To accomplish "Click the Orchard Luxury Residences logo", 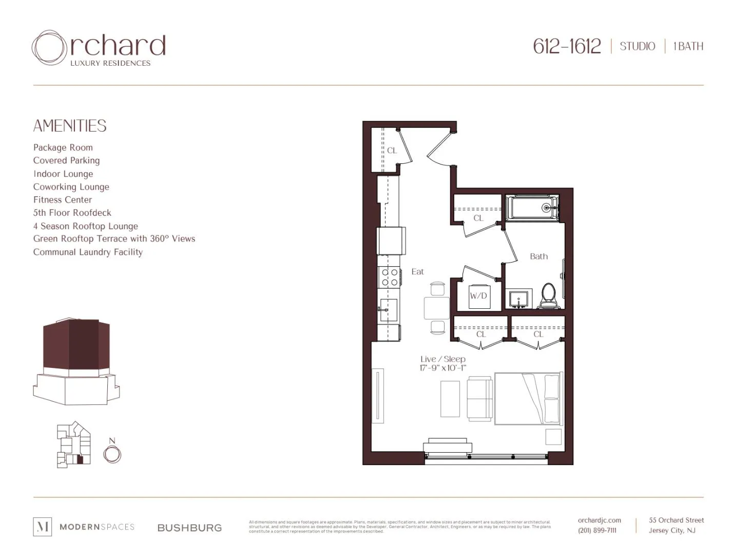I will pos(99,48).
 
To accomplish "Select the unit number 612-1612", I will pos(566,47).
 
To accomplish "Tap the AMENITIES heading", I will pos(70,126).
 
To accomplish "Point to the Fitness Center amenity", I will pos(63,200).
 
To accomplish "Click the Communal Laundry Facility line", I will pos(88,252).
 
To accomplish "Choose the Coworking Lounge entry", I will pos(71,187).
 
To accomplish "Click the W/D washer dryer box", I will pos(478,296).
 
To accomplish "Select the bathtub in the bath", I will pos(531,208).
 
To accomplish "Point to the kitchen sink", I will pos(389,310).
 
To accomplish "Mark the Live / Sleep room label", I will pos(443,359).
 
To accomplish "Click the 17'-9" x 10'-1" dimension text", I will pos(443,368).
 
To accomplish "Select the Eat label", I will pos(417,272).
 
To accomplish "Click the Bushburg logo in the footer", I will pos(189,528).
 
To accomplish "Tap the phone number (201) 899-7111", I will pos(597,530).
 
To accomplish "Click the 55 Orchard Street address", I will pos(676,521).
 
